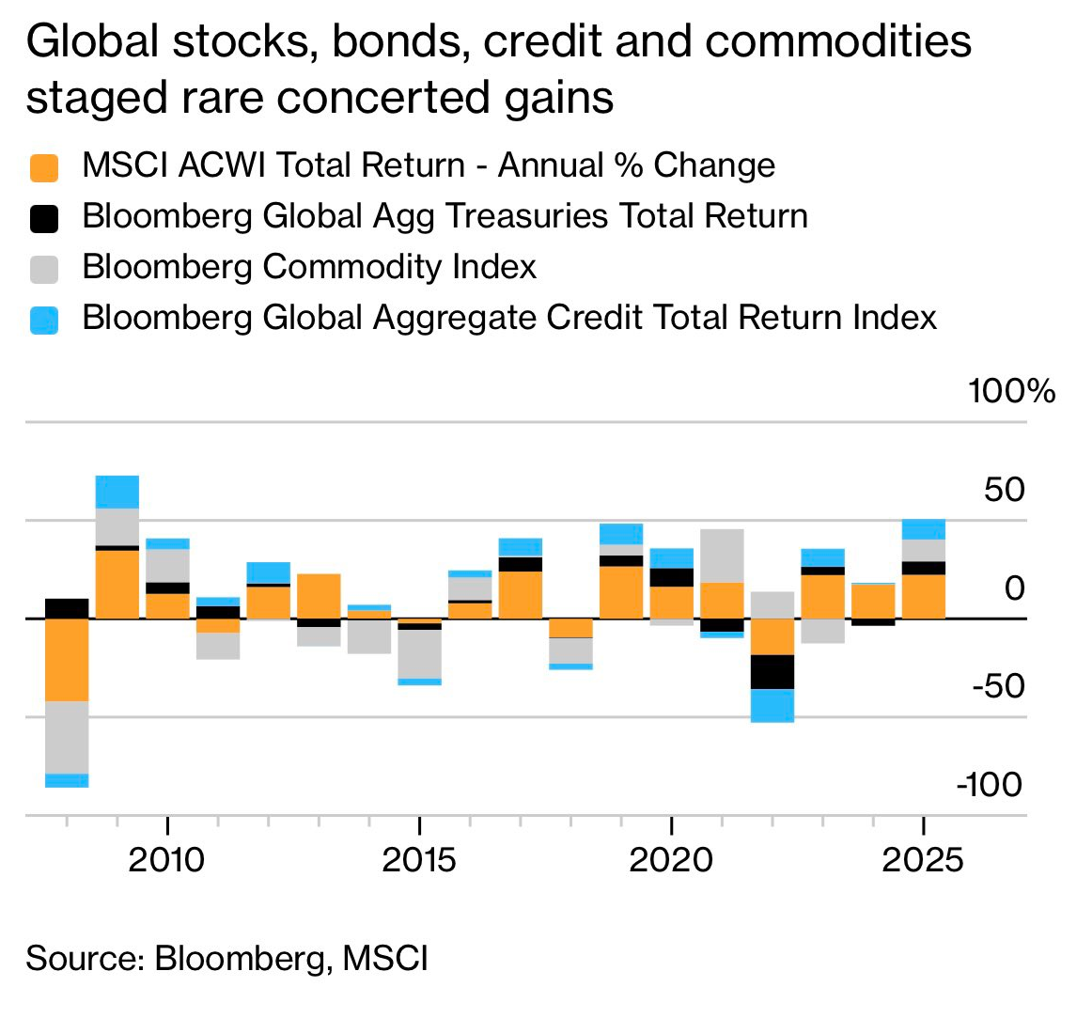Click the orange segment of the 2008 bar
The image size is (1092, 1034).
click(67, 659)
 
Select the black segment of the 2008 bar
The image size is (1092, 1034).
click(67, 608)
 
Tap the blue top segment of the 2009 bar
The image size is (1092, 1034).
click(117, 492)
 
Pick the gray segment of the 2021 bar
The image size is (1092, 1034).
click(722, 556)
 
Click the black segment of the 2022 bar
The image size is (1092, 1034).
click(772, 671)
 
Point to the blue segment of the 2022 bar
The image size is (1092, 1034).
click(772, 705)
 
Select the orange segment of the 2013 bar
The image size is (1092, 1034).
click(319, 595)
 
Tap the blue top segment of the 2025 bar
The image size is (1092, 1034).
click(924, 529)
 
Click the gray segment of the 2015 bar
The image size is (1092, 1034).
click(419, 653)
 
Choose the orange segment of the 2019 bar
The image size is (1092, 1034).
click(621, 591)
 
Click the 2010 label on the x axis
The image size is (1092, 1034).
click(166, 859)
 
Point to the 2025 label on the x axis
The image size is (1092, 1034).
click(923, 859)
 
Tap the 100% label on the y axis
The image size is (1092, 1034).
click(1011, 391)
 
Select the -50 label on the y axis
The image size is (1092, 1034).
click(998, 685)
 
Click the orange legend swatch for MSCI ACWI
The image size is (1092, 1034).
click(44, 167)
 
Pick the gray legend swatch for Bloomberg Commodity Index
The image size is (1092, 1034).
click(44, 269)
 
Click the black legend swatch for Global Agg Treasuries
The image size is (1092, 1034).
click(44, 218)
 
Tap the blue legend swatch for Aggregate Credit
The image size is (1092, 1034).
click(44, 320)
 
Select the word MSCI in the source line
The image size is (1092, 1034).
click(385, 958)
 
